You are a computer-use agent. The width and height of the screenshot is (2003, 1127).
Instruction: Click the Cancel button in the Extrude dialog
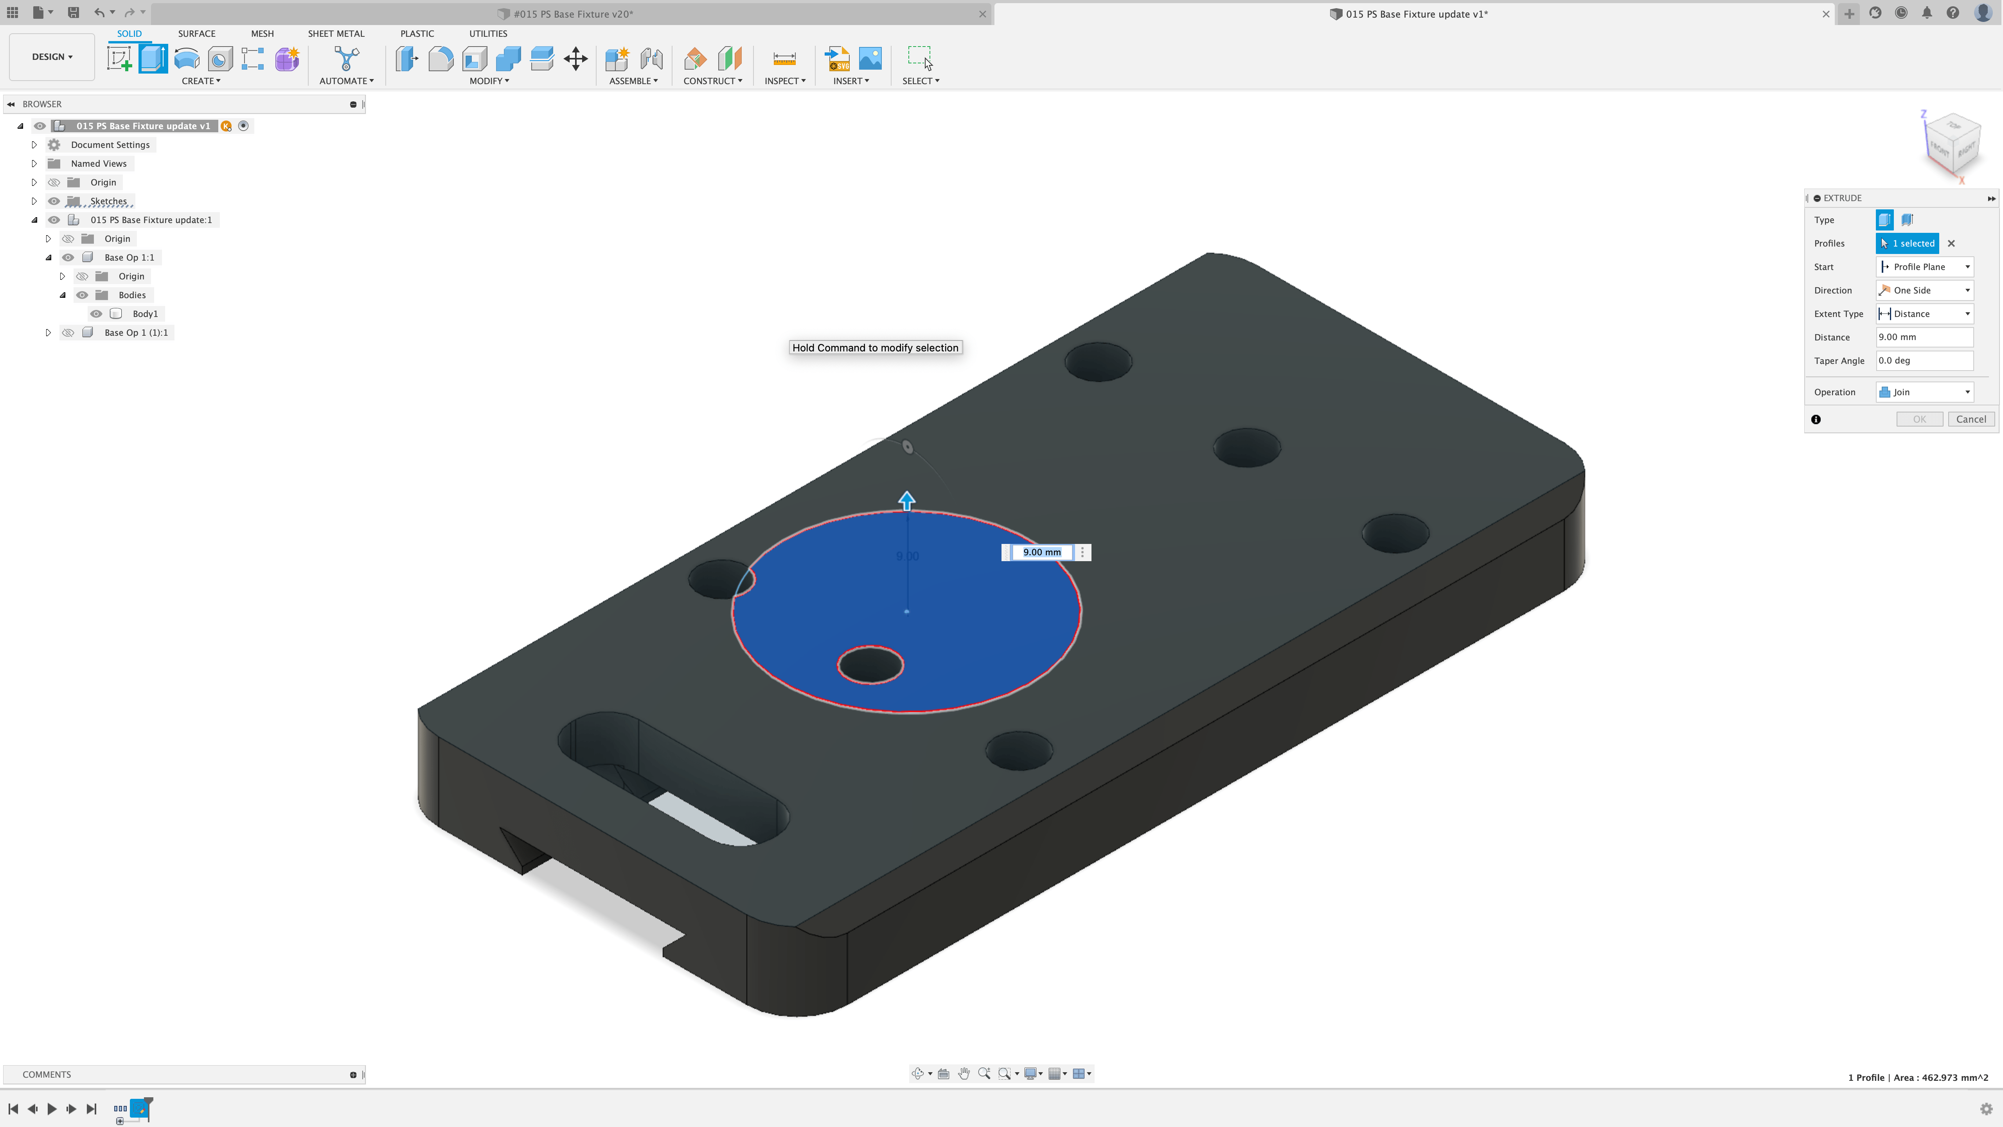coord(1971,419)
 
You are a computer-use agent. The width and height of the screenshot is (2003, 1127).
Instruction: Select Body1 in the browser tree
coord(145,313)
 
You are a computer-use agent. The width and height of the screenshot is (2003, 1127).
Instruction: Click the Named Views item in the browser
coord(98,163)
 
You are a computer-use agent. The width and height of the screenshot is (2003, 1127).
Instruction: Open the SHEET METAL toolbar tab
coord(336,33)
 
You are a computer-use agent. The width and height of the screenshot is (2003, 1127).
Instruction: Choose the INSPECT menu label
coord(784,81)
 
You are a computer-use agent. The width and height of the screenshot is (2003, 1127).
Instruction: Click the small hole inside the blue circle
coord(870,665)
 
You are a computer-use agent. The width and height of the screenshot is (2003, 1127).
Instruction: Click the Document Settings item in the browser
coord(110,145)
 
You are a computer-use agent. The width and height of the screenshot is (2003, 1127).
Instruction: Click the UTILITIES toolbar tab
coord(487,33)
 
